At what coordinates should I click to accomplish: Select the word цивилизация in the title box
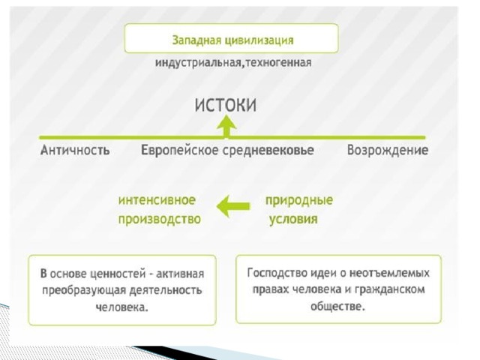pos(259,40)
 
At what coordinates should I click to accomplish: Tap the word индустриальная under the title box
pos(198,63)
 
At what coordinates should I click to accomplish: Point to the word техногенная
pos(278,63)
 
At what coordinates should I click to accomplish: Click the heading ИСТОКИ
pos(226,105)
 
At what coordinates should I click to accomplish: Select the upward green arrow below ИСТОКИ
pos(226,126)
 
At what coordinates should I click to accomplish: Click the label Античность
pos(75,150)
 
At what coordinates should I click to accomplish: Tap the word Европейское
pos(180,150)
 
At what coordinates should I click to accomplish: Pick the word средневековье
pos(268,150)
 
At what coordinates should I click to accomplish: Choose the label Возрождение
pos(388,150)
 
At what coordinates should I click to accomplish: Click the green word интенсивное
pos(157,200)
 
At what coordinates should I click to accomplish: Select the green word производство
pos(160,219)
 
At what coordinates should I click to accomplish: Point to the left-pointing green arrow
pos(233,206)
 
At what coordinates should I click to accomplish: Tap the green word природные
pos(299,200)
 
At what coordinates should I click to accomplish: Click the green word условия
pos(293,219)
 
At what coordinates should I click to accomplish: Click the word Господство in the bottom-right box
pos(277,272)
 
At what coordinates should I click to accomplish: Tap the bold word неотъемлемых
pos(389,272)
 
